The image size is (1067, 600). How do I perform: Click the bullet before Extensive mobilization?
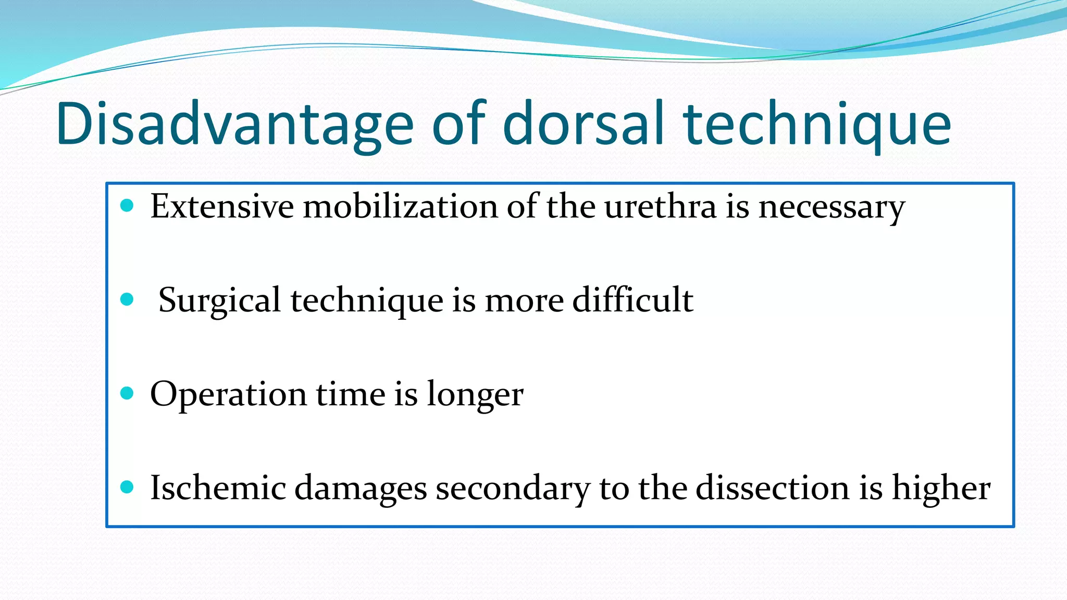pos(127,206)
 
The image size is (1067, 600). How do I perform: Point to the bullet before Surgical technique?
pos(127,299)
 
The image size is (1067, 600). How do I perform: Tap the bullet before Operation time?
pos(127,393)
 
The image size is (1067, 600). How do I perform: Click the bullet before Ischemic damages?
pos(127,488)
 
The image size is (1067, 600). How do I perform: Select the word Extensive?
pos(222,206)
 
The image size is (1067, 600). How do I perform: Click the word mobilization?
pos(400,206)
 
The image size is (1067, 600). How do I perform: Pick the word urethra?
pos(660,206)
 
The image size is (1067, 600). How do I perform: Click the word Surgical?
pos(219,301)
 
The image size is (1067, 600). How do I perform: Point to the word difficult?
pos(632,300)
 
